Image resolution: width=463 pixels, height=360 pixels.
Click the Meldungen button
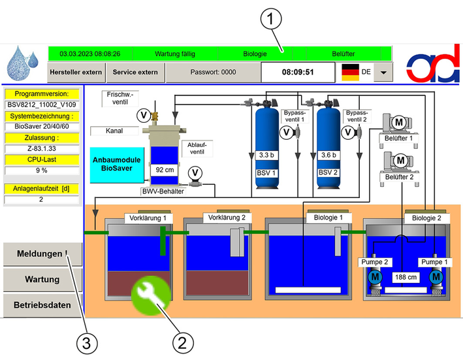42,254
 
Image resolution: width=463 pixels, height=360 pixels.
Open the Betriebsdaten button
42,305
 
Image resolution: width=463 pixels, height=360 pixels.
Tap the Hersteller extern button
76,73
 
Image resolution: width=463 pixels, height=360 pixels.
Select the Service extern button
135,73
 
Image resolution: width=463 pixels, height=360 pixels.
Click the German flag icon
350,72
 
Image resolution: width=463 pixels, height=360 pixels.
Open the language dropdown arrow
383,73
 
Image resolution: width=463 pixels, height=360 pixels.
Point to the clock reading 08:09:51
298,73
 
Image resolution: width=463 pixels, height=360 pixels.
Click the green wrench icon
151,295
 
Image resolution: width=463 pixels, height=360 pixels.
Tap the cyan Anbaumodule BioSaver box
117,165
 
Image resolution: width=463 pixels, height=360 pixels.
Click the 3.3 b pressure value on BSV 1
266,155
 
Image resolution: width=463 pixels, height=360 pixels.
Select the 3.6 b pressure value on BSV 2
328,155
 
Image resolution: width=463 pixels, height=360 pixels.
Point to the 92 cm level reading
165,170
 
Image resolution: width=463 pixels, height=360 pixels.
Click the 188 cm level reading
406,277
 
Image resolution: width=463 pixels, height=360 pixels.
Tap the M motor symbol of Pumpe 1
436,277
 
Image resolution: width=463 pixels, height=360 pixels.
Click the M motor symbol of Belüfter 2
400,161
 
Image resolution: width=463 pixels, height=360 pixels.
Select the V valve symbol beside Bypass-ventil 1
286,133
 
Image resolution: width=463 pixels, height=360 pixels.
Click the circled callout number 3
87,344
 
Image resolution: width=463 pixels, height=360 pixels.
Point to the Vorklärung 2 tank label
227,218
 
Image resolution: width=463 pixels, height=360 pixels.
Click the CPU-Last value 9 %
42,171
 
